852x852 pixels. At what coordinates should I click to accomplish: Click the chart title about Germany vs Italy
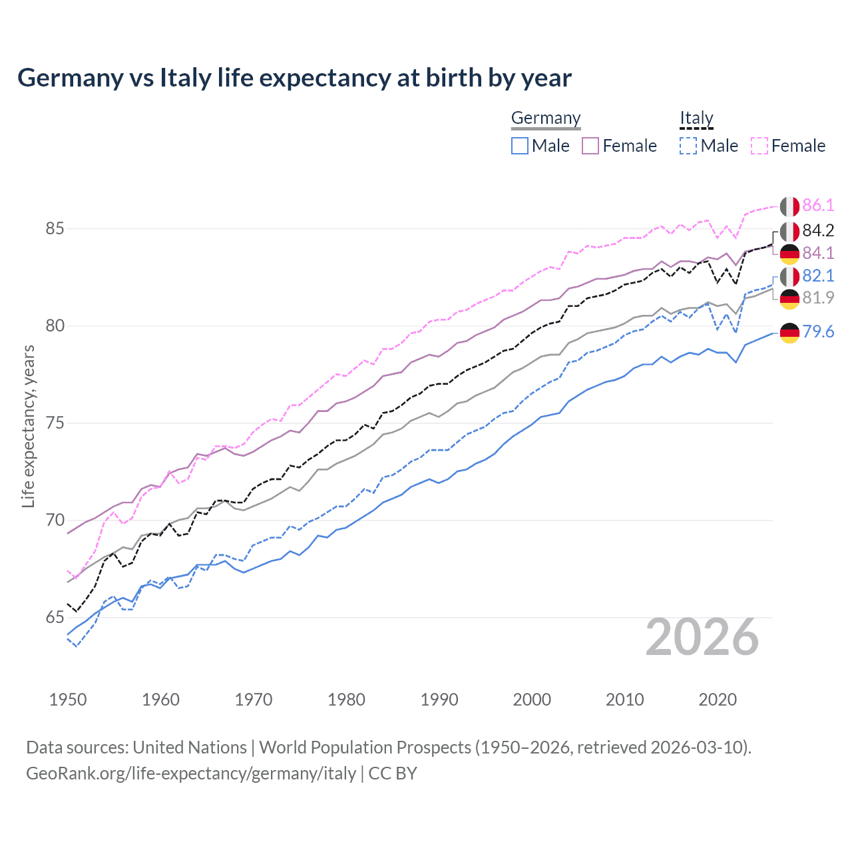(294, 78)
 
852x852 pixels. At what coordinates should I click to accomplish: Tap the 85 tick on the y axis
(55, 228)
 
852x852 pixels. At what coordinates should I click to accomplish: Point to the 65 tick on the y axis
(55, 618)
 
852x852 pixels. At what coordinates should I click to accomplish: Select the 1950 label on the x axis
(68, 700)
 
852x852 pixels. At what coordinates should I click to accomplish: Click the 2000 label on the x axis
(532, 700)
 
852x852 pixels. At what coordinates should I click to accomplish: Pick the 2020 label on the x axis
(718, 700)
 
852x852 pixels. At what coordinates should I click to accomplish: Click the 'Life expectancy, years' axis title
(28, 426)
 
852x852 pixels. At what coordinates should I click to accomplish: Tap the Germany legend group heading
(546, 118)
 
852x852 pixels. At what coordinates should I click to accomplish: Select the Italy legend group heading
(696, 118)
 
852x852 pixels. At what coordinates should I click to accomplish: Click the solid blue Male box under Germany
(520, 146)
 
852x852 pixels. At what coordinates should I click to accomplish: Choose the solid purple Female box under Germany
(590, 146)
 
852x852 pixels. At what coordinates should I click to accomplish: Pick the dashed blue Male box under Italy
(688, 146)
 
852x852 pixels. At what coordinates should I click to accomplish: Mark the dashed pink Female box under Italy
(759, 146)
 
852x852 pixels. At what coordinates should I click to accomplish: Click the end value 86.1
(818, 205)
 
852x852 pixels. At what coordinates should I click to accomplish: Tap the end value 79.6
(818, 331)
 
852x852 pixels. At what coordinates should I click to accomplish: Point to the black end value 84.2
(818, 230)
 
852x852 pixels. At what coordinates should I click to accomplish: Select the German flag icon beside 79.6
(789, 332)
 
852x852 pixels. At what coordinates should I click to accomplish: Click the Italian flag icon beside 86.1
(789, 206)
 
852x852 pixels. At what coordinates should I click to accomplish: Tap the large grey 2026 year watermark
(702, 637)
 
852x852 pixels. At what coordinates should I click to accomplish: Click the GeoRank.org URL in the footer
(191, 773)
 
